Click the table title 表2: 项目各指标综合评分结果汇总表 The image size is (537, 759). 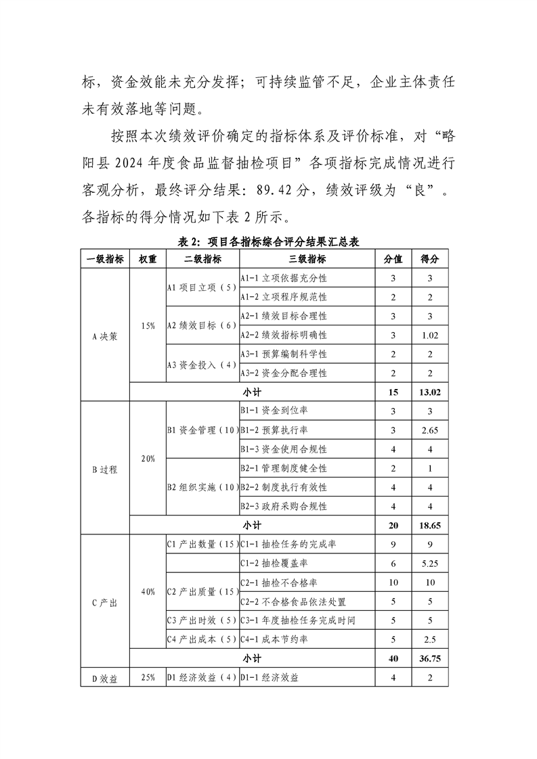coord(268,242)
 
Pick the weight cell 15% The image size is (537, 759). coord(148,326)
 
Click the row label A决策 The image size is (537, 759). coord(105,335)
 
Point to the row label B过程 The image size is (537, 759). coord(105,468)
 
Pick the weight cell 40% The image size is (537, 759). coord(148,591)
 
